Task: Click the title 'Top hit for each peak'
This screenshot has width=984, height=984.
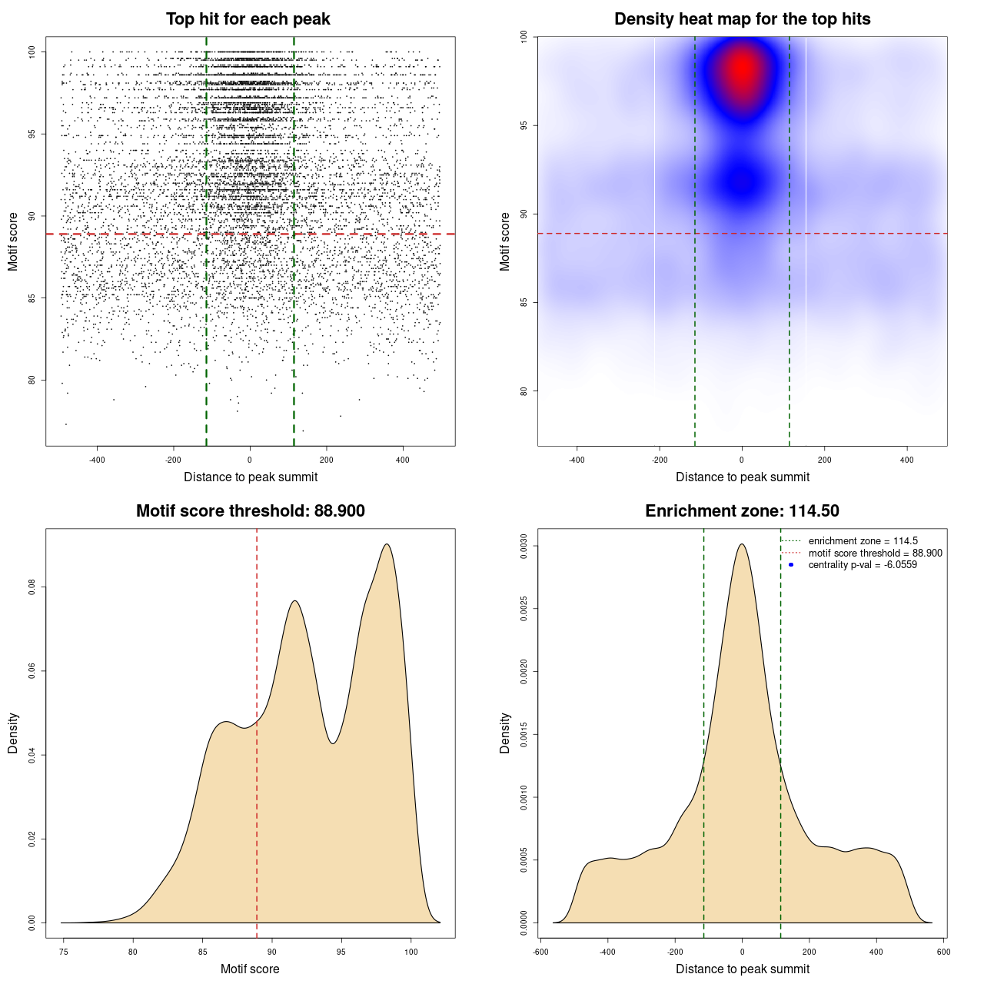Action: [248, 19]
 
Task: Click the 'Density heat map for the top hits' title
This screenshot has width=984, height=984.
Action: [742, 19]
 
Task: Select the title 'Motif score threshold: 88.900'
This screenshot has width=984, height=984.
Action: [250, 511]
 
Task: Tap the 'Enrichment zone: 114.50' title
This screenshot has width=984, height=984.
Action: [742, 511]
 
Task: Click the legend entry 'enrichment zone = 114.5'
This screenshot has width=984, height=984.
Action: [863, 541]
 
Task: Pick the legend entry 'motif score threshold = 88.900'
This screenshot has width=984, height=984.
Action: [875, 553]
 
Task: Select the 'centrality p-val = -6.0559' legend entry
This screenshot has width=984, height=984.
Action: [863, 565]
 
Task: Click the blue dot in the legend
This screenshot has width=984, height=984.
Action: [791, 565]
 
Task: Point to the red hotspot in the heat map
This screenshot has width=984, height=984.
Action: [742, 69]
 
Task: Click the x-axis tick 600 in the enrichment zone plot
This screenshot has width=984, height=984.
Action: [943, 952]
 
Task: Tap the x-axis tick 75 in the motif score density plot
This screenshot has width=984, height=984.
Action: [64, 952]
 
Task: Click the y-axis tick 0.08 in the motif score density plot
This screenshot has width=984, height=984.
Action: [32, 587]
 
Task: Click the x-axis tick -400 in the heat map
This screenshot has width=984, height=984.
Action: [577, 460]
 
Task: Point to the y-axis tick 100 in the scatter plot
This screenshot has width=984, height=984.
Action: [32, 52]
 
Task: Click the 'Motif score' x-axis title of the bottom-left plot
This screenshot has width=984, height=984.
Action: [250, 969]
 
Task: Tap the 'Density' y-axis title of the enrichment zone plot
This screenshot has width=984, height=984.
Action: [505, 733]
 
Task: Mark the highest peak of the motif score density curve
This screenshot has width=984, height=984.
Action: [387, 544]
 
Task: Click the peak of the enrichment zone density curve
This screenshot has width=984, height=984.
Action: [742, 544]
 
